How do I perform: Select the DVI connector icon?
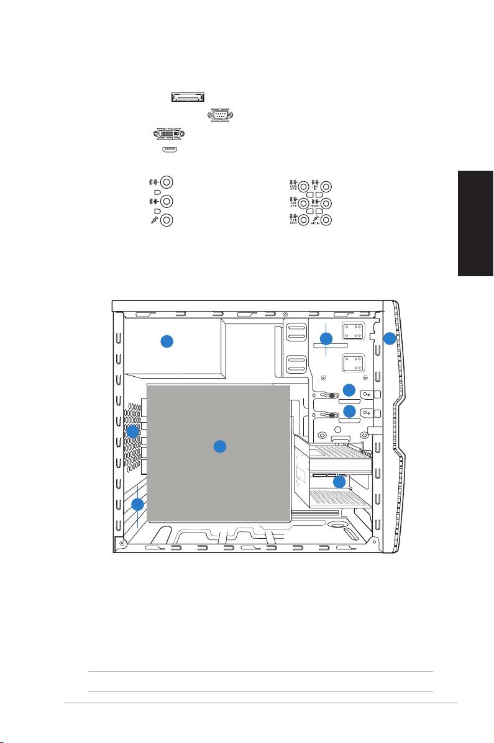168,133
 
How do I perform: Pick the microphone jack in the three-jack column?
167,220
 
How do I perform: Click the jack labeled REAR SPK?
303,186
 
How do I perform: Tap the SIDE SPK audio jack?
303,203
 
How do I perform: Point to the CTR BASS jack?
303,220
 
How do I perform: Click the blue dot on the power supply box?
167,341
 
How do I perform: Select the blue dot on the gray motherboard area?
219,446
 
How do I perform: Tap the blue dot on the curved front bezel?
388,338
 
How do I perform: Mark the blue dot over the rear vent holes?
132,431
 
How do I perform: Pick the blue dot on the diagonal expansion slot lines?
138,504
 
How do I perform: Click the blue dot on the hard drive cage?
339,482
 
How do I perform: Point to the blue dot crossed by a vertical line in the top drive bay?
326,338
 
